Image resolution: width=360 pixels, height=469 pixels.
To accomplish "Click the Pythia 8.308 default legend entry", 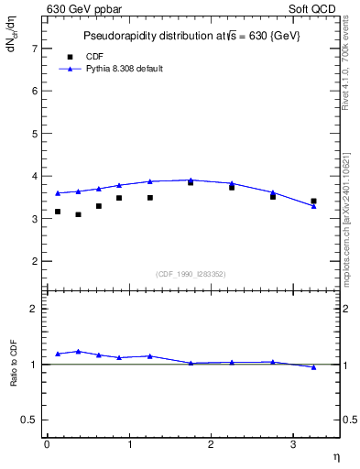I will tap(124, 69).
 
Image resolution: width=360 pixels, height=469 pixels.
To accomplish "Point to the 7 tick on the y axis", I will tap(36, 48).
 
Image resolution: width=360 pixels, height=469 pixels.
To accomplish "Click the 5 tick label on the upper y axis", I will tap(36, 134).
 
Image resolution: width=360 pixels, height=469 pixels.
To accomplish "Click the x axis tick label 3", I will tap(293, 444).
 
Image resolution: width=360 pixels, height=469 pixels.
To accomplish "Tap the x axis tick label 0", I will tap(47, 444).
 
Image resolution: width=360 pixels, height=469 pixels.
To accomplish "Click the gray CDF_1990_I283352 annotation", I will tap(191, 273).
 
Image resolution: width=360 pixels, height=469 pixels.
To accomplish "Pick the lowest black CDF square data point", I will tap(79, 214).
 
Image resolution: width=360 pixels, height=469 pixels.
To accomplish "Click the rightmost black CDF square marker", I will tap(314, 201).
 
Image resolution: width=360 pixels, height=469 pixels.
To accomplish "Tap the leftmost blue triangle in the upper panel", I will tap(58, 193).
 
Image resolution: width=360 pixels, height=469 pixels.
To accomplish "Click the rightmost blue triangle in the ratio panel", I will tap(314, 367).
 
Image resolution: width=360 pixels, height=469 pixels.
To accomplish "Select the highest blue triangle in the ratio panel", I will tap(79, 351).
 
